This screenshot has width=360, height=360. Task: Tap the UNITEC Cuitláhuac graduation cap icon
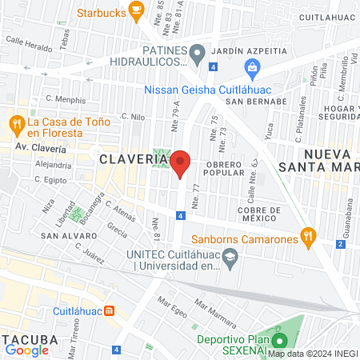pyautogui.click(x=230, y=257)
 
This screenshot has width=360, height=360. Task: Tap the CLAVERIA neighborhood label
pyautogui.click(x=133, y=159)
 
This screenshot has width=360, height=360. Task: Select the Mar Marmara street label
pyautogui.click(x=215, y=309)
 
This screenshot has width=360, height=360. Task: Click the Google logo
pyautogui.click(x=26, y=350)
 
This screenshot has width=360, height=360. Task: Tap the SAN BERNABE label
pyautogui.click(x=255, y=102)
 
